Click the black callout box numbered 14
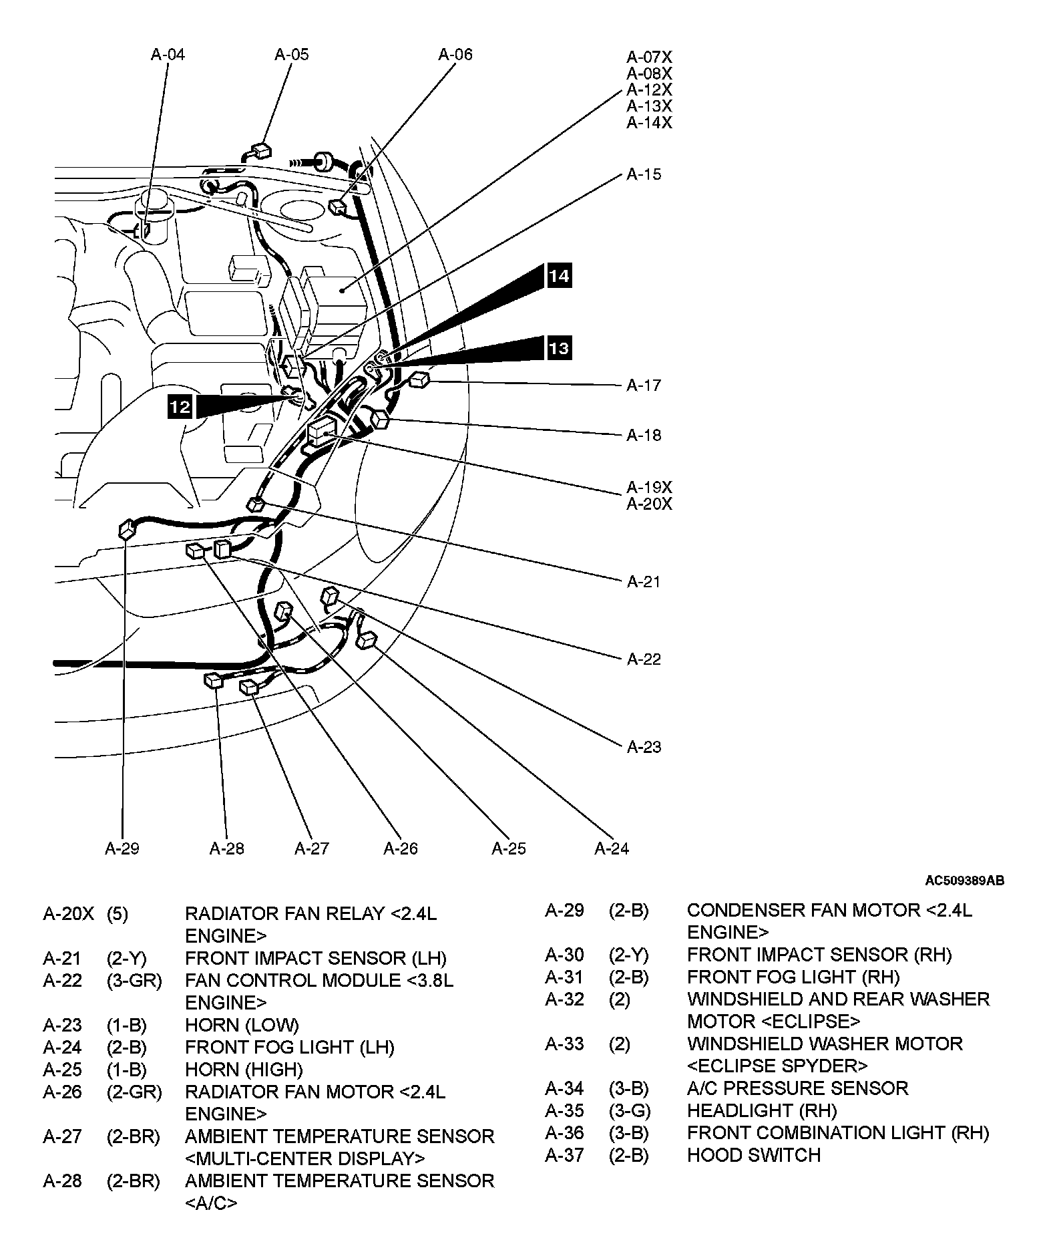[x=559, y=276]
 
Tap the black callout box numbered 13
[x=559, y=348]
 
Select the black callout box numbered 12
[x=180, y=407]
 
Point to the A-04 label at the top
[x=167, y=54]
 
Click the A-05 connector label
[x=292, y=54]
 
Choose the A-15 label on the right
[x=644, y=174]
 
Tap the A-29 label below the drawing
[x=122, y=848]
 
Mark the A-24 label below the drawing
[x=612, y=848]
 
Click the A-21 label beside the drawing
[x=644, y=582]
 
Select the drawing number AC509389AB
[x=964, y=881]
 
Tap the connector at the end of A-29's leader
[x=127, y=530]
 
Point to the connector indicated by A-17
[x=419, y=380]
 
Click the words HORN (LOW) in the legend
[x=242, y=1025]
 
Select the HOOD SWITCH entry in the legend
[x=753, y=1154]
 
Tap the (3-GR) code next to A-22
[x=134, y=981]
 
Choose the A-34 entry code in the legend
[x=564, y=1088]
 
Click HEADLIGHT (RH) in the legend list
[x=761, y=1110]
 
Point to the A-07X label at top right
[x=649, y=57]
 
